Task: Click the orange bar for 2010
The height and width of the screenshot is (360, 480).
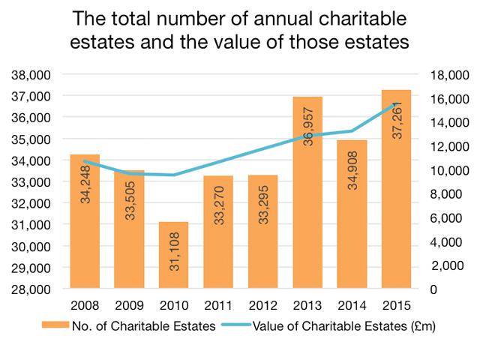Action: click(x=173, y=255)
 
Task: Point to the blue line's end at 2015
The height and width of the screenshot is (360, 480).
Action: click(x=397, y=104)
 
